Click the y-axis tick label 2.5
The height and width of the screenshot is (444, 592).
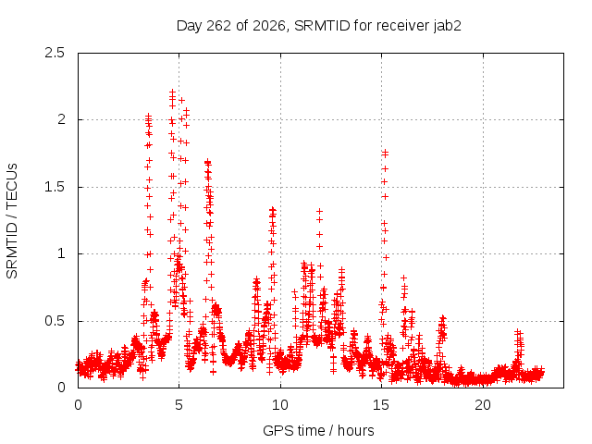click(x=55, y=53)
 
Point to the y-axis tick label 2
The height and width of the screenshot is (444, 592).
click(x=61, y=119)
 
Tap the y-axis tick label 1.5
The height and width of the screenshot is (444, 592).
click(x=55, y=187)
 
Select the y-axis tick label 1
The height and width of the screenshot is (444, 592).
click(x=62, y=253)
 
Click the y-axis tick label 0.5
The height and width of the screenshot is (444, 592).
click(x=55, y=321)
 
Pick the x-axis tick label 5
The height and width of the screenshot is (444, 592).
click(x=179, y=405)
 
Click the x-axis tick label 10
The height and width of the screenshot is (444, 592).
click(x=280, y=405)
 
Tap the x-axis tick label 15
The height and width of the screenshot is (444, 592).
click(x=381, y=405)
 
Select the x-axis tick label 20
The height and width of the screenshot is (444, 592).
click(x=483, y=405)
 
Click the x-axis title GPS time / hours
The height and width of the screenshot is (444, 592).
click(x=318, y=431)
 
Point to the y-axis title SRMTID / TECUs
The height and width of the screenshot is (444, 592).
click(x=12, y=221)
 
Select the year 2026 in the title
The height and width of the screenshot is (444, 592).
click(x=269, y=26)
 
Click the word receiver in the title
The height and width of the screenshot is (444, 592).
click(x=403, y=26)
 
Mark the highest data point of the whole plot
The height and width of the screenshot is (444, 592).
click(x=172, y=92)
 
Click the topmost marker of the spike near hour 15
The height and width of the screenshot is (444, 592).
click(x=385, y=152)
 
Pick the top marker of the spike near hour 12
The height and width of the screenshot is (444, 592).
click(x=319, y=212)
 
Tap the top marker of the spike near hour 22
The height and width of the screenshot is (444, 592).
click(x=518, y=332)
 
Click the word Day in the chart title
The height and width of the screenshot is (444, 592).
click(x=190, y=26)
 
